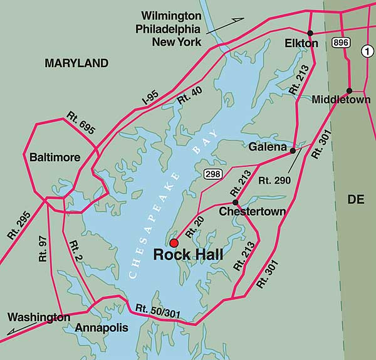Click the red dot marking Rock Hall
point(174,243)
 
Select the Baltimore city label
point(55,157)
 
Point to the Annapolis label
point(101,327)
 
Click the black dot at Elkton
point(310,32)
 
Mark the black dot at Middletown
point(349,90)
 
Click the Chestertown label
point(252,212)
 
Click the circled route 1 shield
point(367,53)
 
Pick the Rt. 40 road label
point(190,95)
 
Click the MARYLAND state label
point(76,63)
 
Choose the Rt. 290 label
point(274,180)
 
